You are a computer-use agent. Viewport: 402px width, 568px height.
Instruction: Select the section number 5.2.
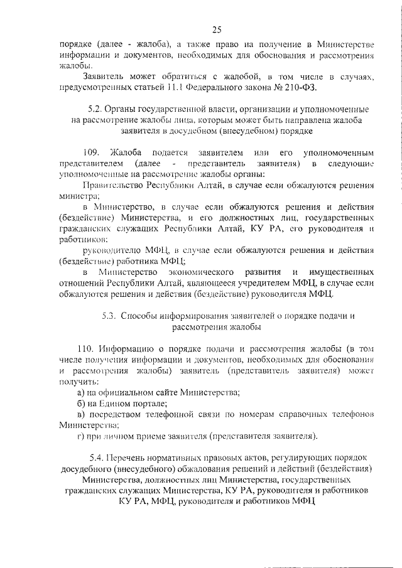point(92,109)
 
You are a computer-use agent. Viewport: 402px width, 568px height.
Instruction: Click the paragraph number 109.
point(92,153)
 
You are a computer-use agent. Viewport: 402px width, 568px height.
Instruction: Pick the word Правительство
point(112,186)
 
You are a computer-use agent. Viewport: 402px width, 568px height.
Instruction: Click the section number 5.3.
point(110,316)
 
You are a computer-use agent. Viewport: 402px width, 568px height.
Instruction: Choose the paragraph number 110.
point(85,349)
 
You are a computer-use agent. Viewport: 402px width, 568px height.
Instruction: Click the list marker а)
point(80,392)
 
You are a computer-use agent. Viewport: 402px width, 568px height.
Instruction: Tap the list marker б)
point(80,403)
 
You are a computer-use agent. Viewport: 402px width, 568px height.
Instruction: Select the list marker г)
point(80,436)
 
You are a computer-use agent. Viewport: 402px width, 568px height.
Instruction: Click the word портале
point(148,403)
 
